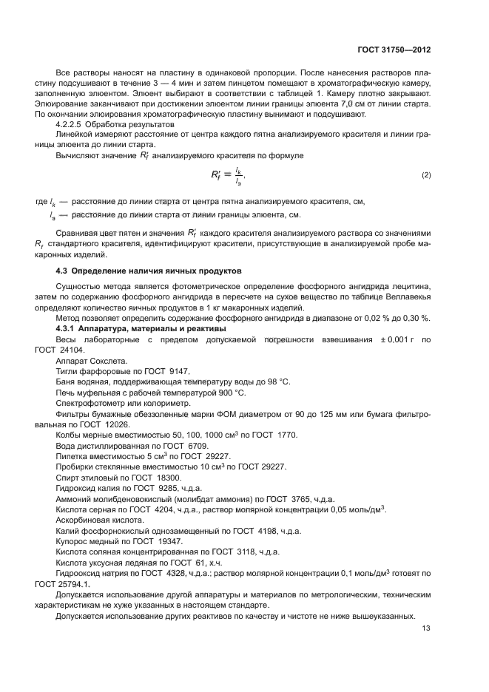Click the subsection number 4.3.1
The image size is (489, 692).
(69, 328)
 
